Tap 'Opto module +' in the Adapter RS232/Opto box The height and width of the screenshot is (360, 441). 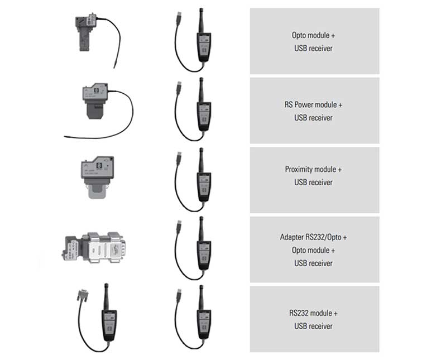pos(313,250)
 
